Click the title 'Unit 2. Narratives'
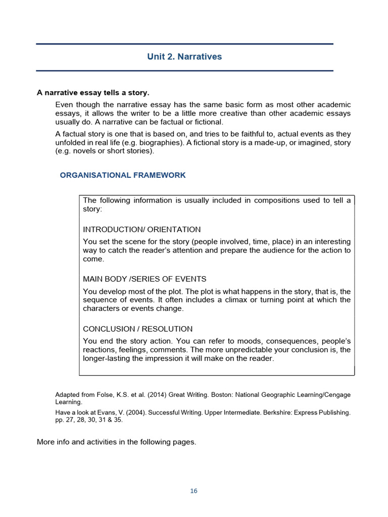click(x=184, y=57)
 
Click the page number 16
click(x=194, y=491)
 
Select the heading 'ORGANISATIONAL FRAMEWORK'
click(x=123, y=175)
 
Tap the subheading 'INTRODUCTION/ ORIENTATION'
click(x=141, y=229)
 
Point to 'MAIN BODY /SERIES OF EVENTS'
click(x=144, y=279)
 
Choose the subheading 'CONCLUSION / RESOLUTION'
click(x=137, y=329)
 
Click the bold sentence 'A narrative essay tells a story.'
click(x=93, y=93)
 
